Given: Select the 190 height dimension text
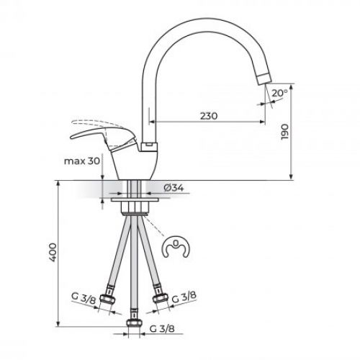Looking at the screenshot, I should coord(286,130).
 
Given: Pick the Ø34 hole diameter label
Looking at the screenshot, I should coord(174,188).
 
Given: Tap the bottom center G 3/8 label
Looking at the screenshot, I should coord(163,330).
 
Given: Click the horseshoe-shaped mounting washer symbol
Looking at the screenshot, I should coord(173,248).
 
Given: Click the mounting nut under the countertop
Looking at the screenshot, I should coord(134,205).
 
